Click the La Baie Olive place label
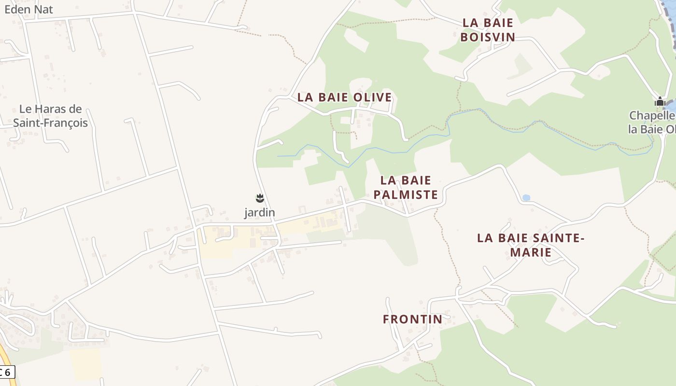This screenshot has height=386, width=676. (344, 97)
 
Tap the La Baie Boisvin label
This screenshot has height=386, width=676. (488, 29)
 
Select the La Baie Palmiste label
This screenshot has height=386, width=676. (406, 187)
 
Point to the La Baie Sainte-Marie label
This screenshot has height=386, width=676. (531, 245)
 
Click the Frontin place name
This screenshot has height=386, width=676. (412, 319)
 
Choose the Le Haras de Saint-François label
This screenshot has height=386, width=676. (50, 116)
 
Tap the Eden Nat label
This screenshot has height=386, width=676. (28, 9)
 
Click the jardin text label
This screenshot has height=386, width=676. (259, 212)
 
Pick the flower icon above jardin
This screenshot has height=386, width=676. (260, 198)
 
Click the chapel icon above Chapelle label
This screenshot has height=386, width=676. (660, 102)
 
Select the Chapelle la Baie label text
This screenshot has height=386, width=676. (652, 123)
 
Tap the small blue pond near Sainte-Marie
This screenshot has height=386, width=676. (526, 198)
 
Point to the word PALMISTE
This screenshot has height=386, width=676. (406, 195)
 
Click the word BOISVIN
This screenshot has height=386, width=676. (488, 37)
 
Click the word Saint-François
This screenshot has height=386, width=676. (50, 123)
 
